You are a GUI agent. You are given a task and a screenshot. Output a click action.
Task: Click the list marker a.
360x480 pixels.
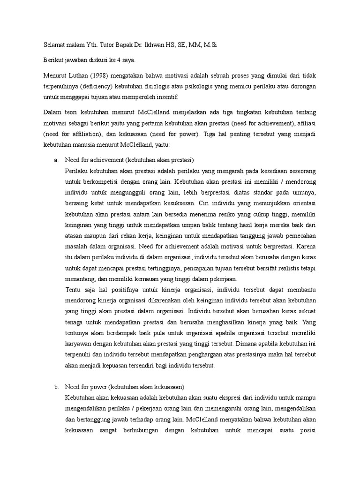point(56,159)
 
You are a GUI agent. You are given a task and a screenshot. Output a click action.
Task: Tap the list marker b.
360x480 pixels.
point(56,387)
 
